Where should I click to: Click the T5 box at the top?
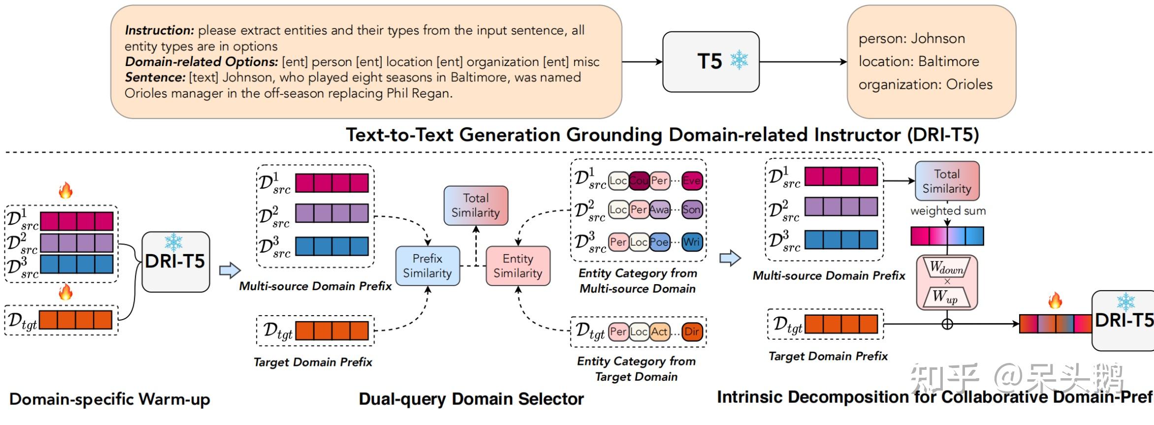point(710,62)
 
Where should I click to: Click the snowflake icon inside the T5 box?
point(738,60)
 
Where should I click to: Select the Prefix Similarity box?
point(427,266)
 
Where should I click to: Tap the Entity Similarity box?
point(517,266)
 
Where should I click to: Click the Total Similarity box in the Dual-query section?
point(476,205)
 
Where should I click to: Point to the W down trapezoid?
point(946,268)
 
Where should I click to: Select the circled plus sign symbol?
point(947,324)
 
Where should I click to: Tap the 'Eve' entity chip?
point(691,181)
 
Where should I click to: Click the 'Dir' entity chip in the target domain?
point(691,331)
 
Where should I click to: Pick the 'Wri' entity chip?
point(691,242)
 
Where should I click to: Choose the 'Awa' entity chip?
point(659,210)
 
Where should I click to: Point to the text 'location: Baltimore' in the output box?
point(919,62)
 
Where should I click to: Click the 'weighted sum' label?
point(948,211)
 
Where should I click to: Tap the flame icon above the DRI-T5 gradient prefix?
point(1055,300)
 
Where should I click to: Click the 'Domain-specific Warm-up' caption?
point(109,399)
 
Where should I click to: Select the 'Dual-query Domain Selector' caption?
point(471,399)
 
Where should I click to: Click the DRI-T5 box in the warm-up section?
point(176,262)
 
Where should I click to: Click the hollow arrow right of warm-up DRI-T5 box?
point(229,270)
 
